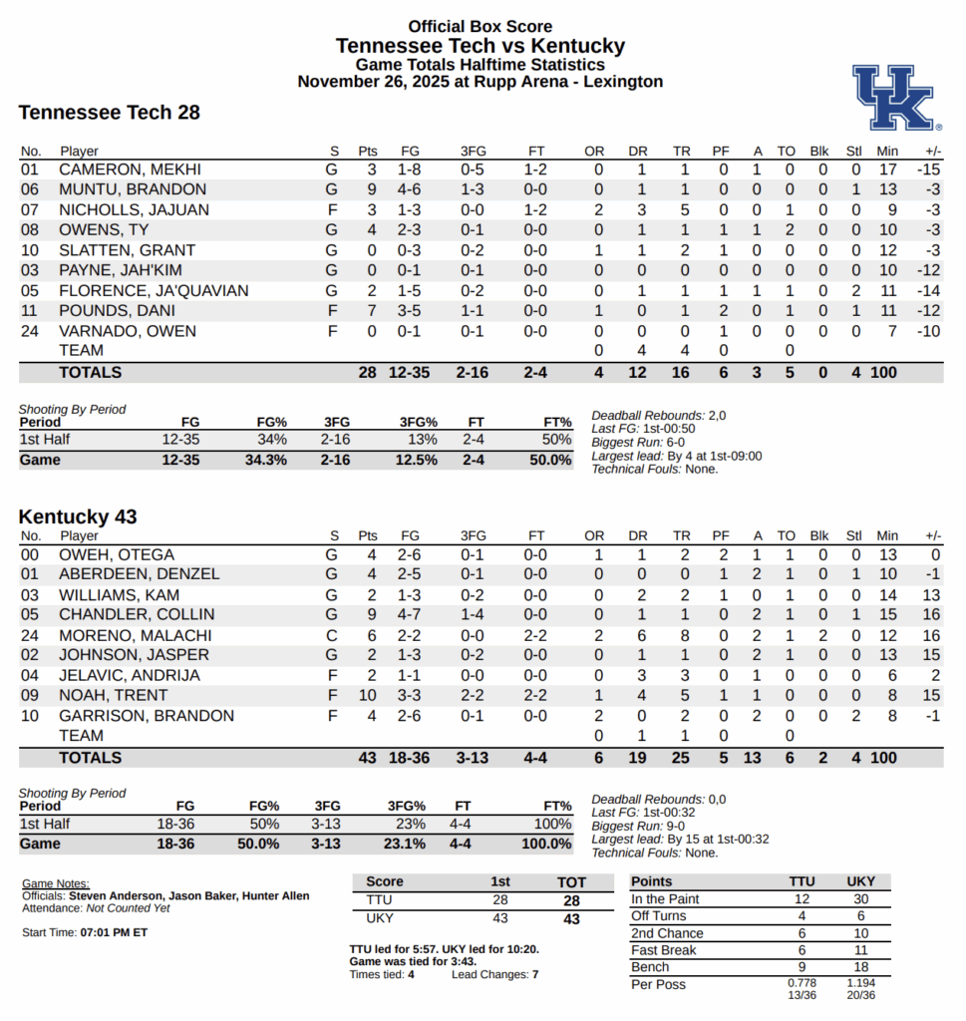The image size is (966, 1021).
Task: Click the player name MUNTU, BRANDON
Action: [133, 189]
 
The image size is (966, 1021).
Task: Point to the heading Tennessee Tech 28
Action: [110, 113]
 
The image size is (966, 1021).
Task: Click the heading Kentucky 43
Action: [78, 516]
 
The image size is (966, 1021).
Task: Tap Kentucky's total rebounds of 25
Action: [682, 758]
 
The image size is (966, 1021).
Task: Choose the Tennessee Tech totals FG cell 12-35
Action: [409, 373]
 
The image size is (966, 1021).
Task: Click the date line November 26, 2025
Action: [480, 82]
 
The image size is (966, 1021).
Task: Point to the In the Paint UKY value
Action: [860, 899]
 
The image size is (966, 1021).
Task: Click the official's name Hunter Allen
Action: [275, 896]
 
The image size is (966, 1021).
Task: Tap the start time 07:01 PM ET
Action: [114, 932]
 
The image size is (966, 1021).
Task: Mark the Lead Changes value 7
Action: [534, 974]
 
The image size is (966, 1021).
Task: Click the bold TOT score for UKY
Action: [571, 919]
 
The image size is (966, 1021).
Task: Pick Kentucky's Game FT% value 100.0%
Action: [546, 844]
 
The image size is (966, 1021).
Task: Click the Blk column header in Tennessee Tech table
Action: [819, 152]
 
